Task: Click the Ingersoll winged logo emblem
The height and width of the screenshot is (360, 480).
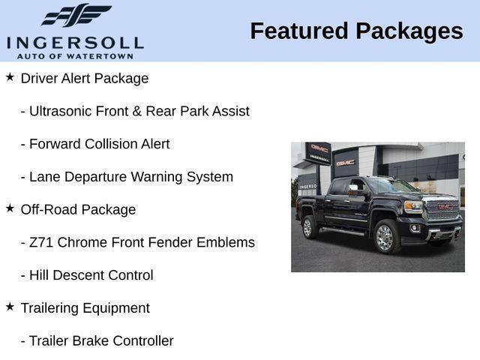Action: [76, 15]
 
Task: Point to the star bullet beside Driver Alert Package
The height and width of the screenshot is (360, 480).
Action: [10, 76]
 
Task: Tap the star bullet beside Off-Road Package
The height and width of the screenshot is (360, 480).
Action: [10, 208]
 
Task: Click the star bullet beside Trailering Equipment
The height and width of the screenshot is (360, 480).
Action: [10, 306]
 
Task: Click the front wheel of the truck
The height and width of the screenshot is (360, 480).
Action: [385, 237]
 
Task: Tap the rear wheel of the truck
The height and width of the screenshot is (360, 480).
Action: [307, 226]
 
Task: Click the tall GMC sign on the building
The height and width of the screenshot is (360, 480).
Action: [319, 152]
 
